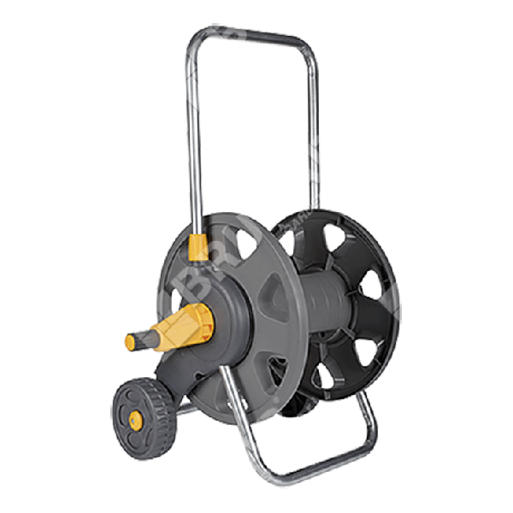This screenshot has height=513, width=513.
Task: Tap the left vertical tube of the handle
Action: point(192,145)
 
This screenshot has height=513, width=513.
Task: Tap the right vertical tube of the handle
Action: point(314,128)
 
